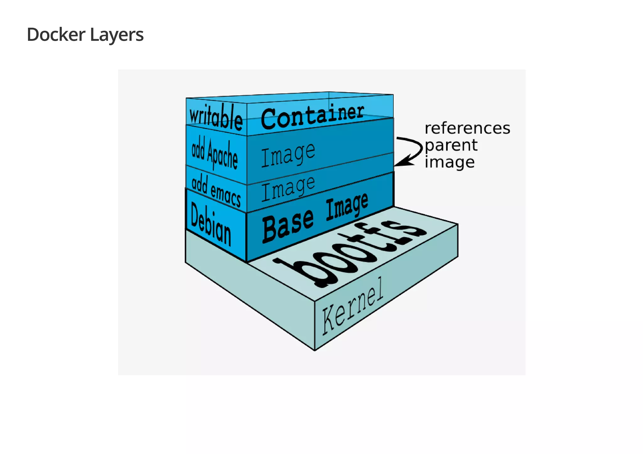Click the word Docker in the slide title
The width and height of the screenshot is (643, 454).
(56, 35)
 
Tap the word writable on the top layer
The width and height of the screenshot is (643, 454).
(216, 117)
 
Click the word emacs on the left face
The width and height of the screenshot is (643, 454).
(225, 195)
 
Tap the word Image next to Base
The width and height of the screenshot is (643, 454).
(347, 206)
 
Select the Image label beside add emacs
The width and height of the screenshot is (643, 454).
(288, 188)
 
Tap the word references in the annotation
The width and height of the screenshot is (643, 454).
(467, 128)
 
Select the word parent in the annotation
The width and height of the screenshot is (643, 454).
(451, 146)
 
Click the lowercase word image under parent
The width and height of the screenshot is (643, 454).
(449, 163)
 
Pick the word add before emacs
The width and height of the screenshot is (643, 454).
(199, 184)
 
